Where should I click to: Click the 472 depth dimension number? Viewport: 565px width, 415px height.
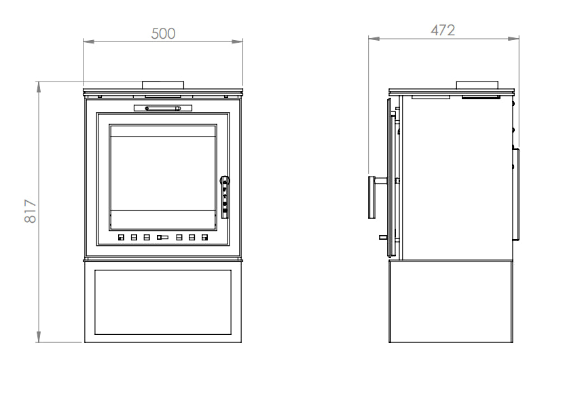443,31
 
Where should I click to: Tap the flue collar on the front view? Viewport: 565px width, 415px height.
163,85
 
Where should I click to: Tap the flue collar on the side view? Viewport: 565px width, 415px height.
478,86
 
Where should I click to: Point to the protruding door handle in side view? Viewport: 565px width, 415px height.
373,197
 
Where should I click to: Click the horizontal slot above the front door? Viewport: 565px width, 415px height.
163,107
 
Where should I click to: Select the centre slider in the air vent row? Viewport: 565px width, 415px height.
162,238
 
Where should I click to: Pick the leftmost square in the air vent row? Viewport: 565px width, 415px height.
121,238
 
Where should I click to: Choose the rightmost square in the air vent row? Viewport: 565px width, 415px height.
204,238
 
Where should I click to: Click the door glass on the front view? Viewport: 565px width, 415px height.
163,175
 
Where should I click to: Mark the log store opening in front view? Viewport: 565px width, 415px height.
163,302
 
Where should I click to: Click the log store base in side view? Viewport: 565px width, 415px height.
450,302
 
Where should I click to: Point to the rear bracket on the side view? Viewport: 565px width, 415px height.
517,194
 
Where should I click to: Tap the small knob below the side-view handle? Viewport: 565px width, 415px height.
384,238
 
